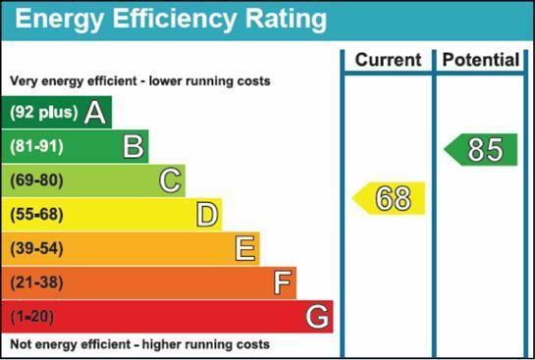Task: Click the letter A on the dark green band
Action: [x=94, y=113]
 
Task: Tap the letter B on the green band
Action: [x=134, y=146]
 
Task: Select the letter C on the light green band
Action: [x=170, y=180]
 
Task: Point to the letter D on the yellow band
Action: [x=207, y=215]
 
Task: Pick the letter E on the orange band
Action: [x=245, y=248]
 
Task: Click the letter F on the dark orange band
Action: [x=283, y=283]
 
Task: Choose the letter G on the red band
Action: [x=317, y=317]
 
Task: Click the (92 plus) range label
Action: [x=43, y=112]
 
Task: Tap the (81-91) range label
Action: [x=36, y=146]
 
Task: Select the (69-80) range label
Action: [x=36, y=180]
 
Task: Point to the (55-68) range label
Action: [x=36, y=215]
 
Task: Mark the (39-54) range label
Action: [x=36, y=248]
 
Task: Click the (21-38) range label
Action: [x=36, y=283]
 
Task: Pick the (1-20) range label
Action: [x=32, y=317]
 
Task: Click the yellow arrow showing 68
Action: [x=389, y=198]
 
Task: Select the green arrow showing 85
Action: [x=481, y=149]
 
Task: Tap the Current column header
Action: [x=389, y=60]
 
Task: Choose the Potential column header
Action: [x=481, y=60]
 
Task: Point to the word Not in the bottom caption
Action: [x=19, y=344]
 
